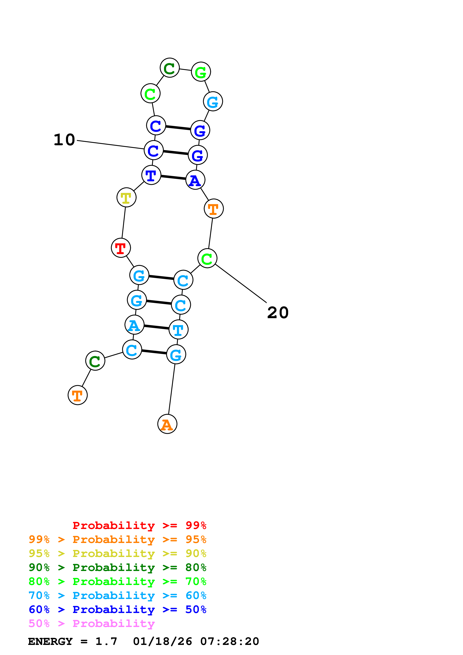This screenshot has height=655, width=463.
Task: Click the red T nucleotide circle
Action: coord(121,248)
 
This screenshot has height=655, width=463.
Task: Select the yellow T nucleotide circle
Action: coord(126,197)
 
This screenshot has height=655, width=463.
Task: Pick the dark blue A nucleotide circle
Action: coord(195,180)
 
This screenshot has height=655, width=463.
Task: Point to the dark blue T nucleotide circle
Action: coord(151,175)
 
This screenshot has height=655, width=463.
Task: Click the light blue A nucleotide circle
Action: coord(134,325)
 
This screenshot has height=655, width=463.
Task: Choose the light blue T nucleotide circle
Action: coord(179,330)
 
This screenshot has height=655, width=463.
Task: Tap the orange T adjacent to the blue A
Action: coord(214,209)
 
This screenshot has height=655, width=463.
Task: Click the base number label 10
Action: coord(64,140)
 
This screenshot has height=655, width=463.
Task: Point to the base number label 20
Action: coord(278,313)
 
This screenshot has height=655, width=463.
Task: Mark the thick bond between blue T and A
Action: coord(173,177)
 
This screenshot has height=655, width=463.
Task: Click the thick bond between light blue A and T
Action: coord(156,327)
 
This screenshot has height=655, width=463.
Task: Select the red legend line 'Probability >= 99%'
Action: coord(139,525)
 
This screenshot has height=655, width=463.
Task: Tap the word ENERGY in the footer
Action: coord(50,642)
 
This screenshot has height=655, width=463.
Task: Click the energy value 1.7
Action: coord(106,642)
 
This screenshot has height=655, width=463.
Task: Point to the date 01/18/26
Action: coord(162,642)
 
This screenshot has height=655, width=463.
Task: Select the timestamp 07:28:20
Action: coord(230,642)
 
